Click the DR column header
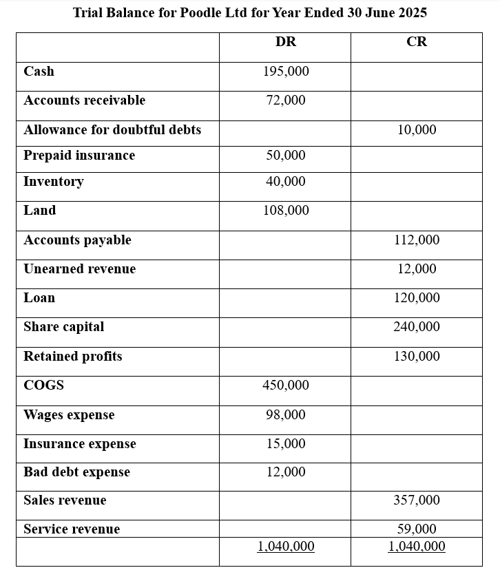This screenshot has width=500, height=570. point(285,42)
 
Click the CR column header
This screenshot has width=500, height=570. point(417,42)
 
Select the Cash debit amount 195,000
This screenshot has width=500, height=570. point(286,72)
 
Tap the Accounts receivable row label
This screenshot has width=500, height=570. point(84,101)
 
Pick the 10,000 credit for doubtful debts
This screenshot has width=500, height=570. point(417,130)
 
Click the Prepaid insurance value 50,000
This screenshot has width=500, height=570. point(286,156)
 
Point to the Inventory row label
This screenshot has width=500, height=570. point(53,182)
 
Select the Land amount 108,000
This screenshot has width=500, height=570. point(286,211)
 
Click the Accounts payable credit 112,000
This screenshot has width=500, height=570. point(417,240)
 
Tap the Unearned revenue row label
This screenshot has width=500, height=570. point(79,269)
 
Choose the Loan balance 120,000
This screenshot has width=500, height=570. point(417,298)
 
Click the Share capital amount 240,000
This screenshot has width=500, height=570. point(417,327)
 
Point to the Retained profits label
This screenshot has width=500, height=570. point(72,357)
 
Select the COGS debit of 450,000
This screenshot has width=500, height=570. point(286,386)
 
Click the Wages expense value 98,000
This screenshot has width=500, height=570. point(286,415)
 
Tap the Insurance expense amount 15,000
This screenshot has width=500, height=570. point(286,444)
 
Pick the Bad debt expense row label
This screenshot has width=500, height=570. point(76,472)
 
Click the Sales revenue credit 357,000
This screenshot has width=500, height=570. point(417,500)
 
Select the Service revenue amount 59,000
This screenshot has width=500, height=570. point(417,529)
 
